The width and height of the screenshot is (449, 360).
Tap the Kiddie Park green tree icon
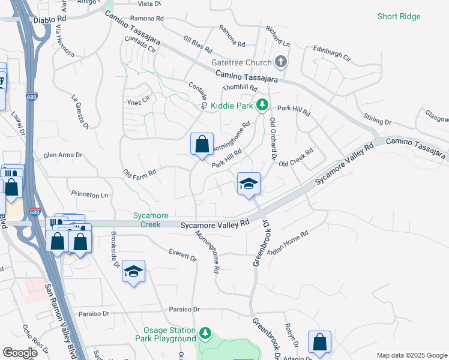pyautogui.click(x=262, y=105)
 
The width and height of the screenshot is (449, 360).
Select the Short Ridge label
pyautogui.click(x=398, y=16)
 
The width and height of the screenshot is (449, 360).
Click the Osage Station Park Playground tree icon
pyautogui.click(x=205, y=332)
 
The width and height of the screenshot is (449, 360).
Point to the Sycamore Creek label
pyautogui.click(x=151, y=220)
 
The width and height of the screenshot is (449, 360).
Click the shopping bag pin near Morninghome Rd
pyautogui.click(x=202, y=145)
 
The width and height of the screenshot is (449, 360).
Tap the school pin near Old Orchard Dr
pyautogui.click(x=248, y=184)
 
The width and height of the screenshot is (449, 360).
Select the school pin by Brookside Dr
pyautogui.click(x=133, y=271)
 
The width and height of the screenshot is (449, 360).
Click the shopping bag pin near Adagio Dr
pyautogui.click(x=319, y=342)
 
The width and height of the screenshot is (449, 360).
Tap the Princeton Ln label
pyautogui.click(x=89, y=195)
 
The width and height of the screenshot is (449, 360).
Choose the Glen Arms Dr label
pyautogui.click(x=62, y=155)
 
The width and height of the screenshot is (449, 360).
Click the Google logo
pyautogui.click(x=19, y=353)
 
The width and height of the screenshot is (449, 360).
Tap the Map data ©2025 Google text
pyautogui.click(x=411, y=355)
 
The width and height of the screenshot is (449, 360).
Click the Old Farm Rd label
pyautogui.click(x=139, y=173)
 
